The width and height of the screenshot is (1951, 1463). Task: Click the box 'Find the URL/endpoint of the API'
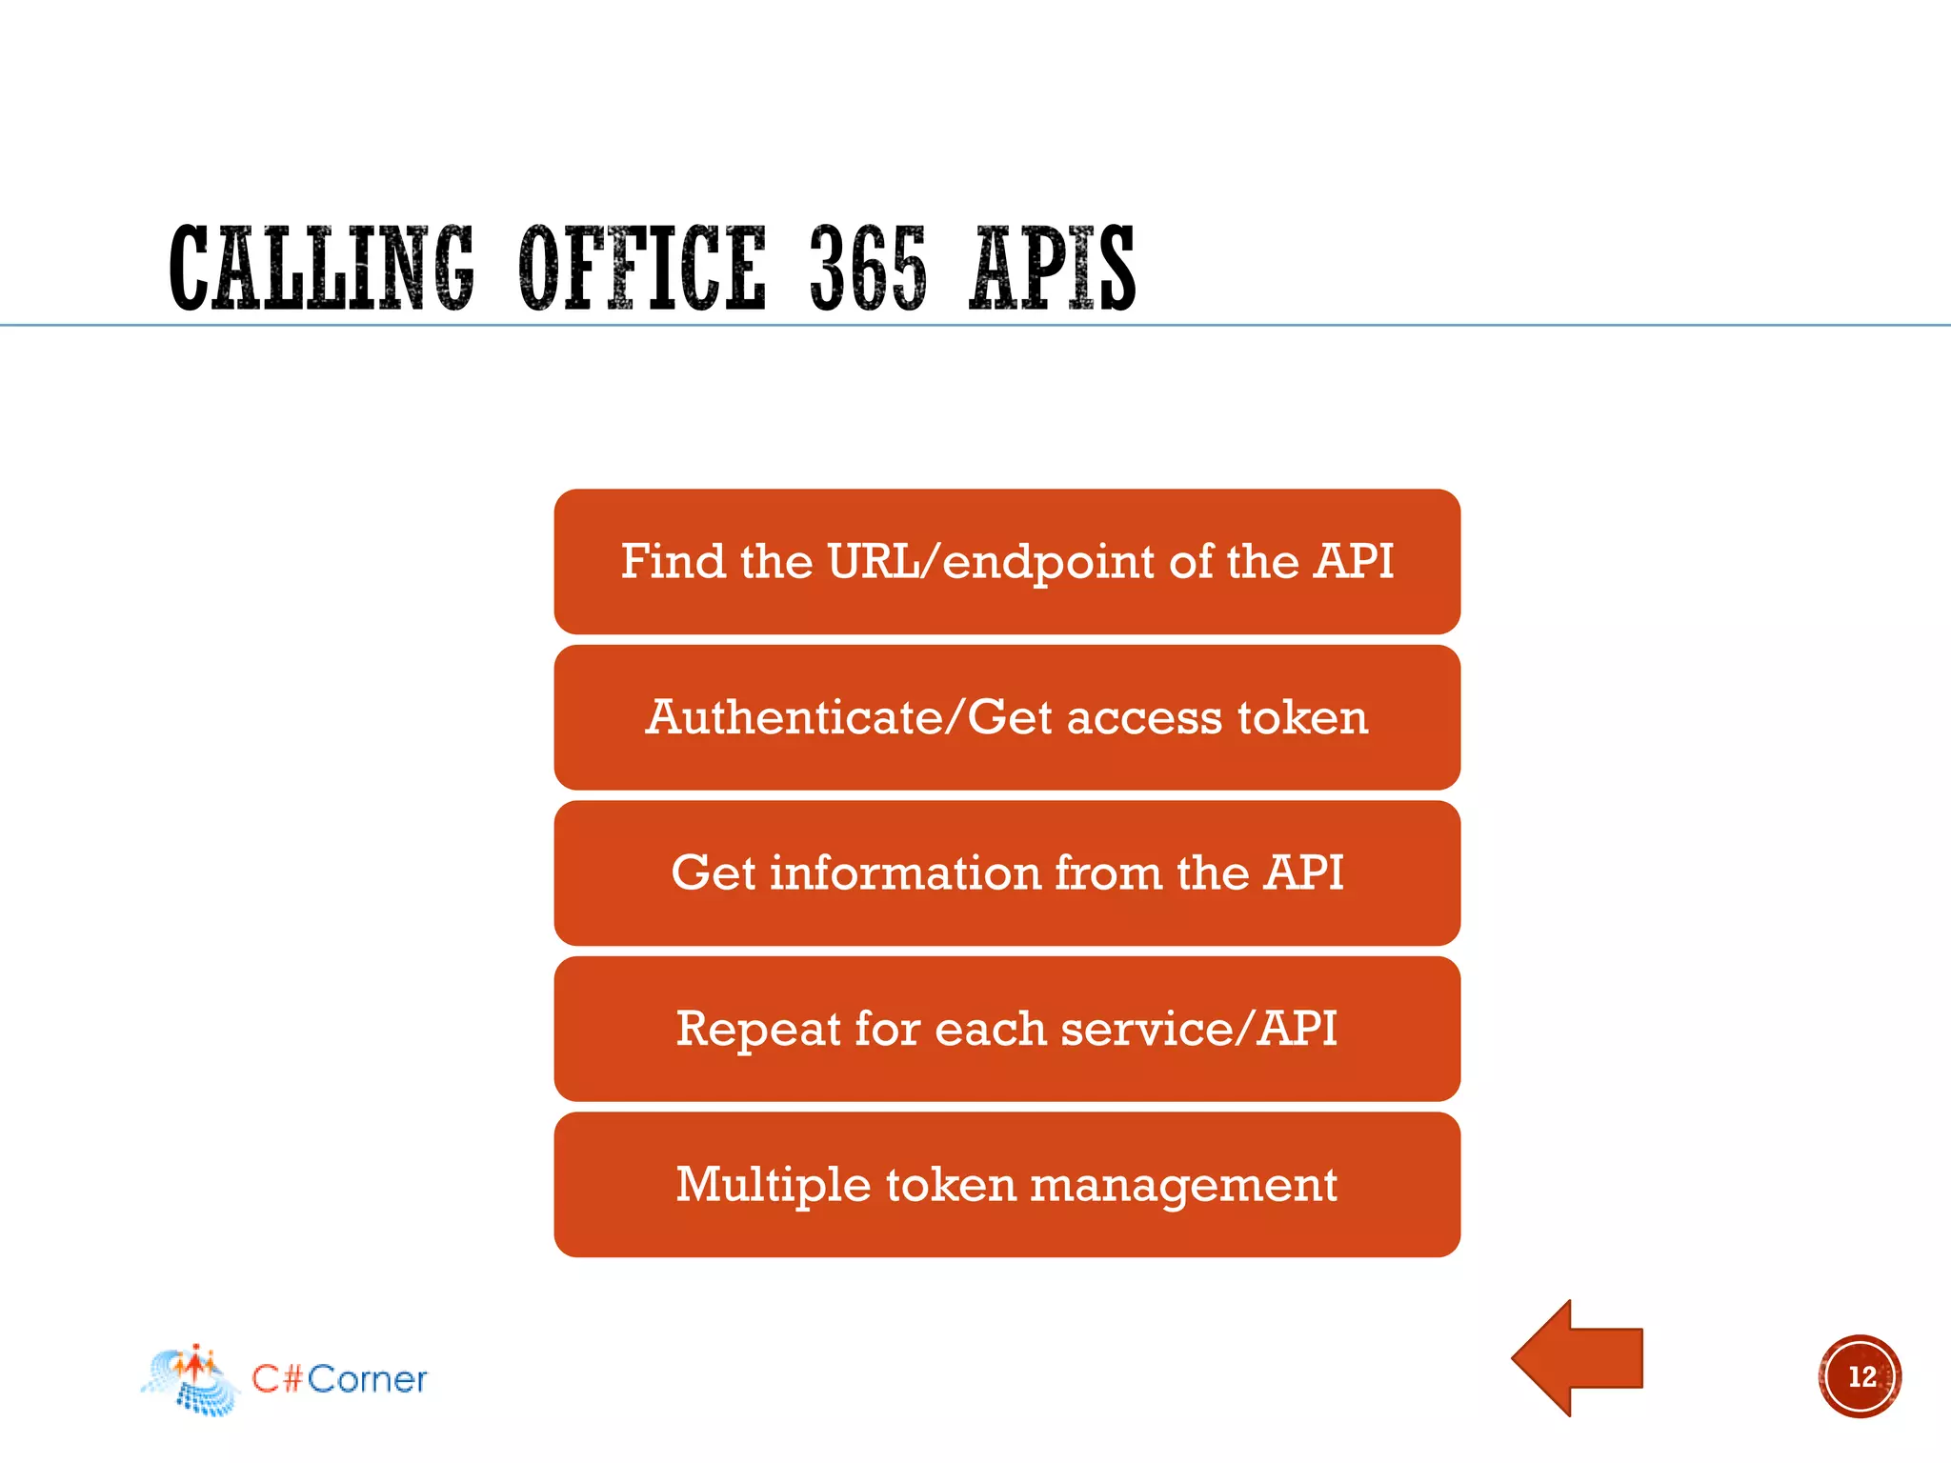pos(1007,562)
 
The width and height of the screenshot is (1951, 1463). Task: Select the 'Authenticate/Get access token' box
pos(1007,717)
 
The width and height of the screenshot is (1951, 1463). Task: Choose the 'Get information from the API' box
pos(1007,873)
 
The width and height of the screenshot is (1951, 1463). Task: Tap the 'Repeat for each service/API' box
pos(1007,1029)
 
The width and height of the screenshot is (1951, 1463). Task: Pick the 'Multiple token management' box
pos(1007,1185)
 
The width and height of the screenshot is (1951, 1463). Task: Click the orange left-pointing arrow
pos(1577,1358)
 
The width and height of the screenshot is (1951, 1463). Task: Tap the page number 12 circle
pos(1860,1376)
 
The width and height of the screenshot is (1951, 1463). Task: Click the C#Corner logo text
pos(339,1379)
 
